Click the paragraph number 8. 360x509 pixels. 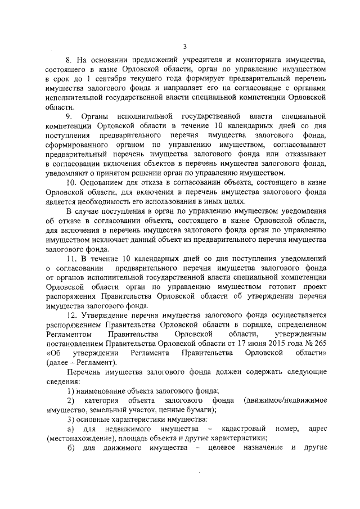pyautogui.click(x=69, y=58)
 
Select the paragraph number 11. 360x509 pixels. pyautogui.click(x=71, y=258)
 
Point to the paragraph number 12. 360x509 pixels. pyautogui.click(x=71, y=316)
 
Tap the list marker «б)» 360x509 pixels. pyautogui.click(x=71, y=449)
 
